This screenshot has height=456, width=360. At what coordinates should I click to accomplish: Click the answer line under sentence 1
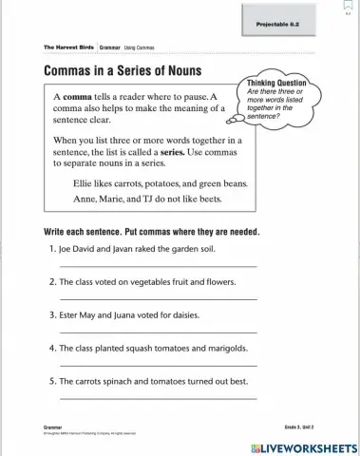pos(158,267)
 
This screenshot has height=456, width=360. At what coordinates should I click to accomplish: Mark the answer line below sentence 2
pos(158,299)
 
